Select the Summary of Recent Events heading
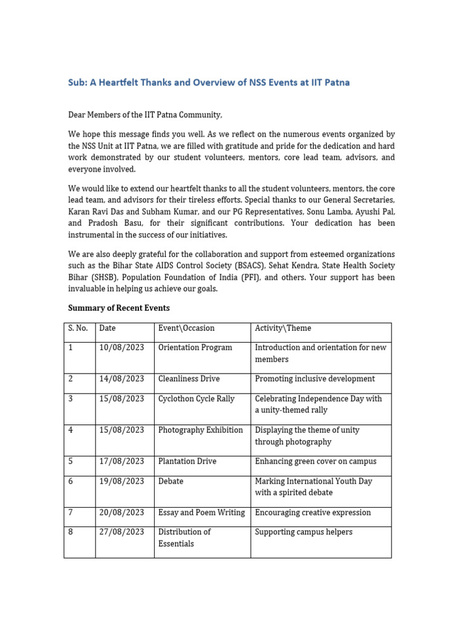pos(118,308)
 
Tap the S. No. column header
pos(78,328)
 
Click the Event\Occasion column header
pos(186,328)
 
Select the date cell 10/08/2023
pos(121,348)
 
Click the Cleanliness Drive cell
pos(188,379)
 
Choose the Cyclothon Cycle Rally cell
pos(196,399)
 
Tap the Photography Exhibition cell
pos(200,430)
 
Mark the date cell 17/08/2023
pos(121,461)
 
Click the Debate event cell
pos(170,481)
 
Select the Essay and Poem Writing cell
pos(201,513)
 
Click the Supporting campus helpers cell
pos(303,532)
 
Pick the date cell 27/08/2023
pos(121,532)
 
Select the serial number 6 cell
pos(71,481)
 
